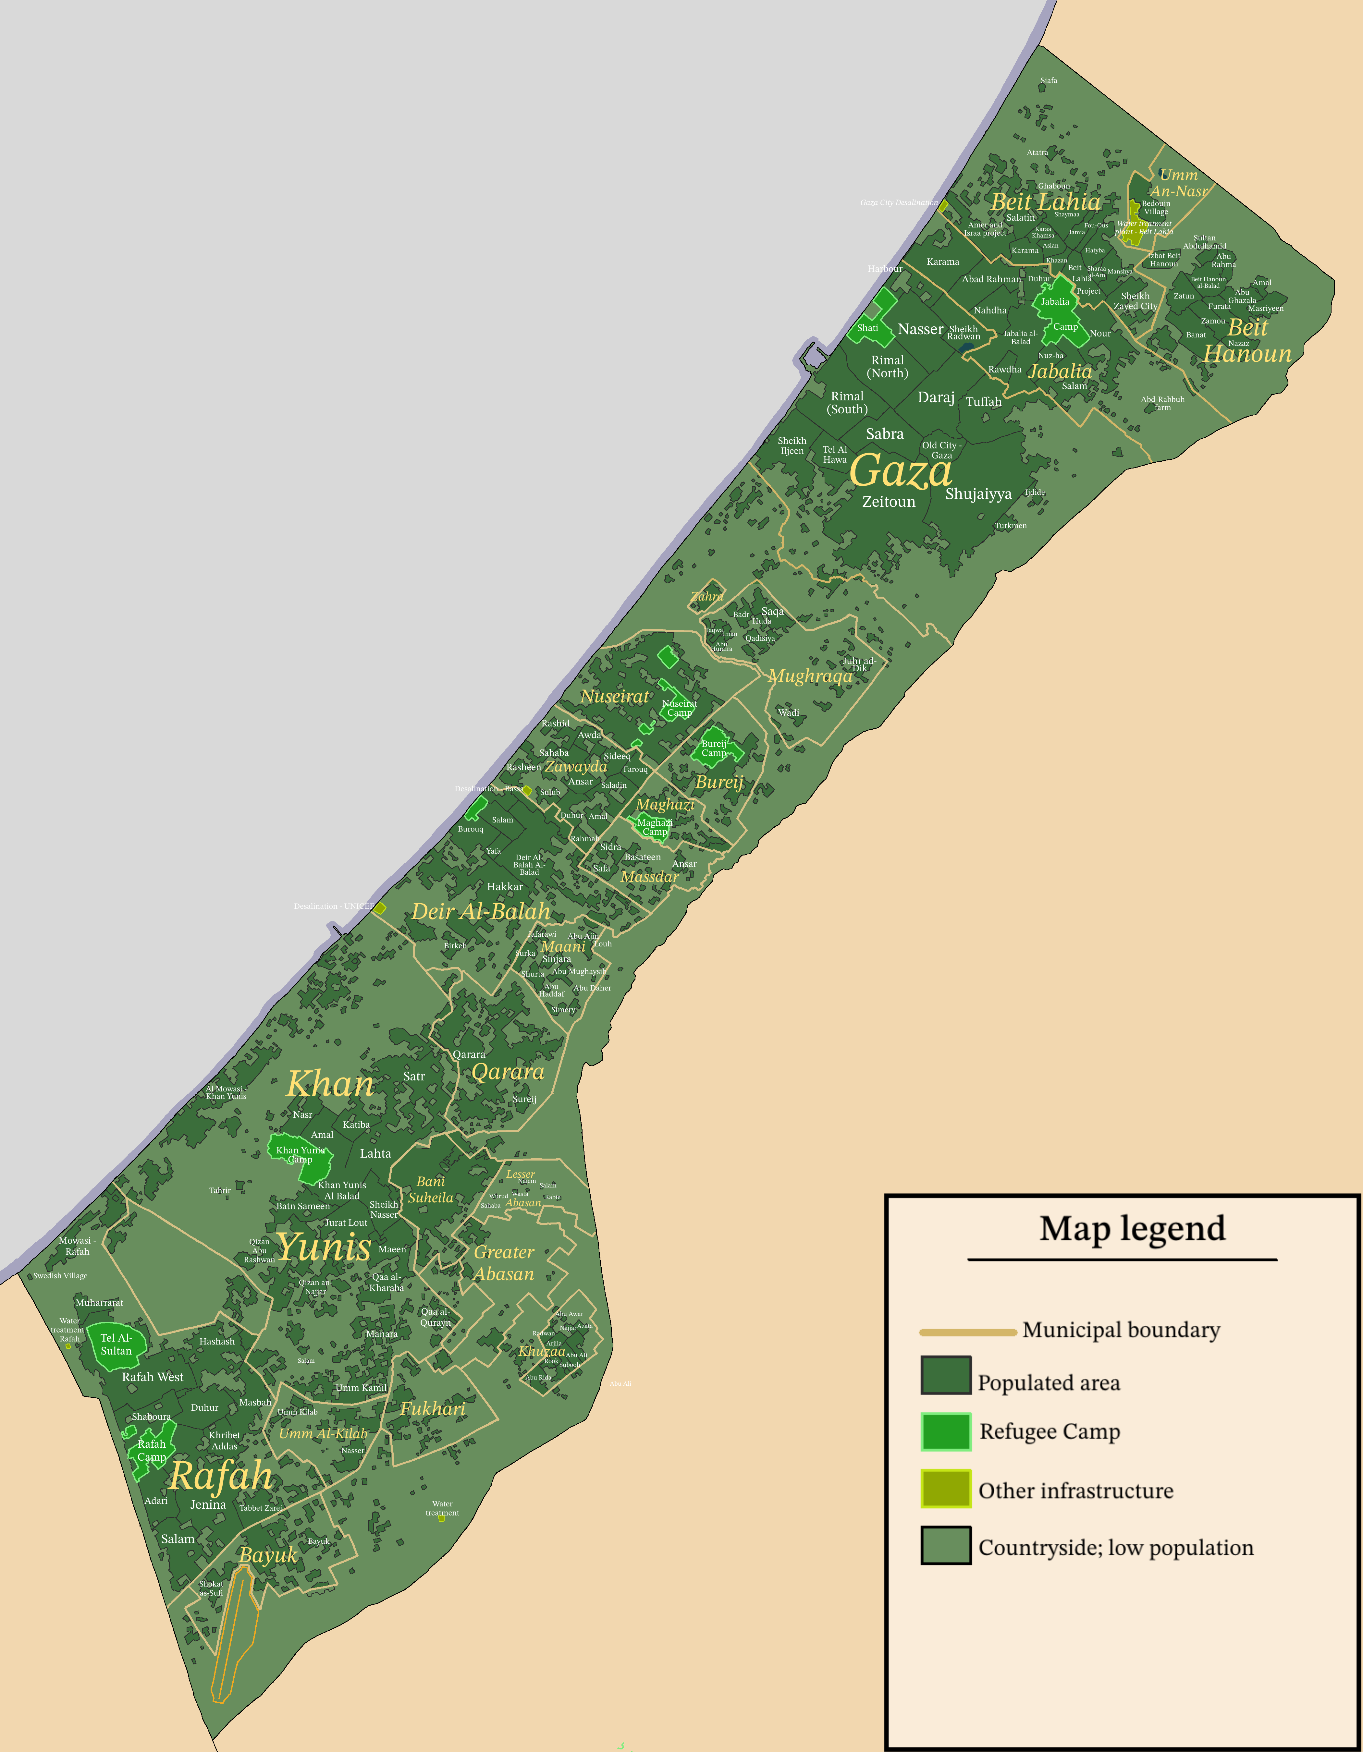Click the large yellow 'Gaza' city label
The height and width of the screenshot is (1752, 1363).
point(900,471)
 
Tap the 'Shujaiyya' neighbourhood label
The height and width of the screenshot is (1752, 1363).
point(978,494)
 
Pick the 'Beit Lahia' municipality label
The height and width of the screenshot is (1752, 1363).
point(1045,202)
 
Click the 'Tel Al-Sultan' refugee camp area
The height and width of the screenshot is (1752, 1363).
point(116,1344)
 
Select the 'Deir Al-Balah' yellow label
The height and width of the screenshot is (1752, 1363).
point(481,911)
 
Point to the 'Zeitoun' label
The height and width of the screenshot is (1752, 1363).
point(888,502)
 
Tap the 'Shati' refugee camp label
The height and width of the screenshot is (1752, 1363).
point(867,328)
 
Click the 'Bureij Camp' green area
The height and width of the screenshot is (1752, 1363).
point(714,748)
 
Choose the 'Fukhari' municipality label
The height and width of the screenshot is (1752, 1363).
point(432,1409)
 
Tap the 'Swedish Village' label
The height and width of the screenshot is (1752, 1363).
point(60,1275)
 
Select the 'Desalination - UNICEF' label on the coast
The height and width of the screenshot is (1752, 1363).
point(333,906)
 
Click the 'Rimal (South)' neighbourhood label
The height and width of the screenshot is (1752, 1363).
point(847,403)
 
